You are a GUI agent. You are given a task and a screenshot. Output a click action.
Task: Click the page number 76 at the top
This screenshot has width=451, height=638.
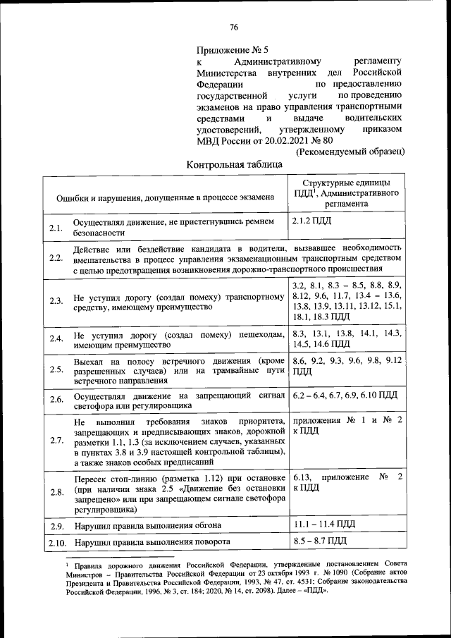coord(234,27)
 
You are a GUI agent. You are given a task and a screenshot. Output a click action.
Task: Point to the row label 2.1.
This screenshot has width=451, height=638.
coord(56,228)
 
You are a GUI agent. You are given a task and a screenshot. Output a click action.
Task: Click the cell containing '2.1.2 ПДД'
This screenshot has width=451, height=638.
coord(311,221)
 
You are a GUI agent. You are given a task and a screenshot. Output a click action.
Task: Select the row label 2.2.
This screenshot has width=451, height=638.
coord(56,258)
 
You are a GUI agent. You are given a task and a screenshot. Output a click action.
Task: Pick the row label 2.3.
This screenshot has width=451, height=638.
coord(56,301)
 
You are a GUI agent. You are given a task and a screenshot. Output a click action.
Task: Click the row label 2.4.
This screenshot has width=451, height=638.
coord(56,339)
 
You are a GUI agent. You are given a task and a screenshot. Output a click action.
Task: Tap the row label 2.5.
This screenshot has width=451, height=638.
coord(56,369)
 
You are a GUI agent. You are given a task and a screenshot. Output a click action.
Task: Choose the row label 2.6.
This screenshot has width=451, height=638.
coord(56,400)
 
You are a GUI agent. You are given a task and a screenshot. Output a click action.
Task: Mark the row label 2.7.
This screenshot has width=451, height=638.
coord(56,441)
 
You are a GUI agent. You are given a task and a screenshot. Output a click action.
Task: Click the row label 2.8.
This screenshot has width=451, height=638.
coord(56,492)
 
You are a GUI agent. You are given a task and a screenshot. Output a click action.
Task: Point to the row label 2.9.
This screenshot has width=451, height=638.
coord(56,526)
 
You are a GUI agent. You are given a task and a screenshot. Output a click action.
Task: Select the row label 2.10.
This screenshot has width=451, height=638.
coord(57,543)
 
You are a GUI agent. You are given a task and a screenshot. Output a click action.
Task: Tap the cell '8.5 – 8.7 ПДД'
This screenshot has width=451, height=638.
coord(319,541)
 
